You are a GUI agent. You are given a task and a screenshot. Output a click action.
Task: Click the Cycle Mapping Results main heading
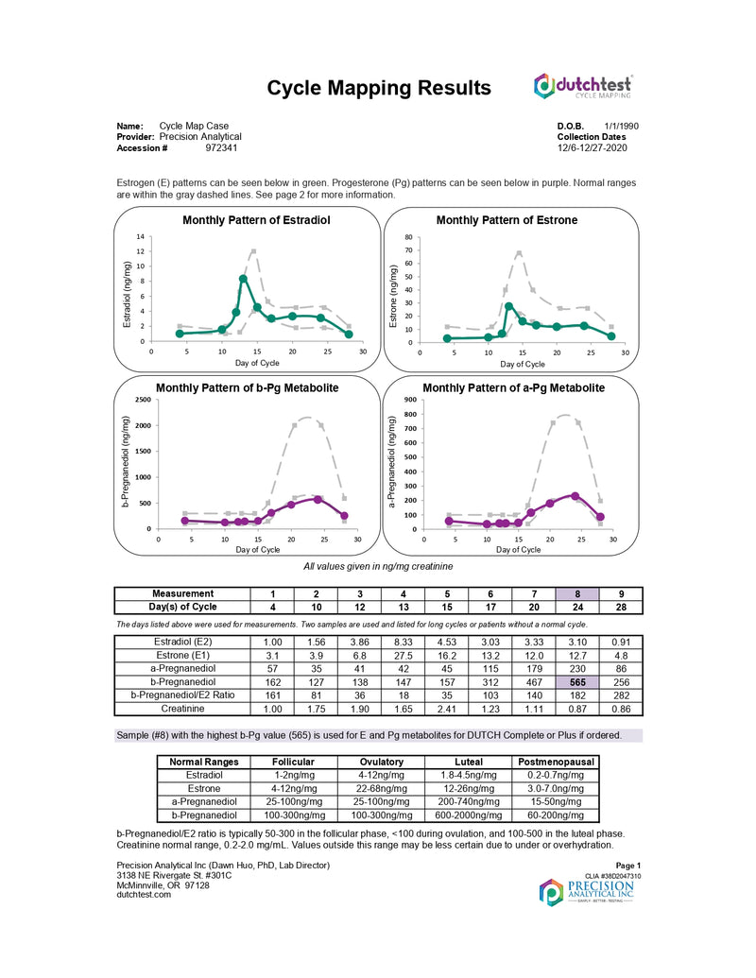(379, 88)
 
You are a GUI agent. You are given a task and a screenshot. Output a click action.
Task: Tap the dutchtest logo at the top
(582, 87)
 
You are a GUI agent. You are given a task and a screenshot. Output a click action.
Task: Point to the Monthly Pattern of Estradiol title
(249, 220)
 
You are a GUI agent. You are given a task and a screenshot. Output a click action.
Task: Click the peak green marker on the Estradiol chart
(243, 279)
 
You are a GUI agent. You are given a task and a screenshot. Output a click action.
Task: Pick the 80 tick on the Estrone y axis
(407, 237)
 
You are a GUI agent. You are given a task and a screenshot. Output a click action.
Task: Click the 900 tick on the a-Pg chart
(408, 400)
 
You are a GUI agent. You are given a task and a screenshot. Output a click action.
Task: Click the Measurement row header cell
(180, 593)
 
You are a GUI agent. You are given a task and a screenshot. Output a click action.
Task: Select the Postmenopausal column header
(554, 762)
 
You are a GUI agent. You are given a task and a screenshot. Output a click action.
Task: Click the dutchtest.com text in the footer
(144, 894)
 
